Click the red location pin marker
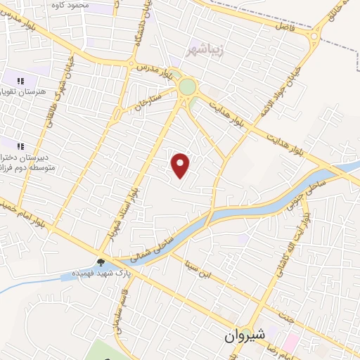coord(181,166)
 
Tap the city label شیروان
coord(245,336)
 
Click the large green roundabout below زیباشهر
coord(187,87)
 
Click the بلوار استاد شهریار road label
coord(131,210)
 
